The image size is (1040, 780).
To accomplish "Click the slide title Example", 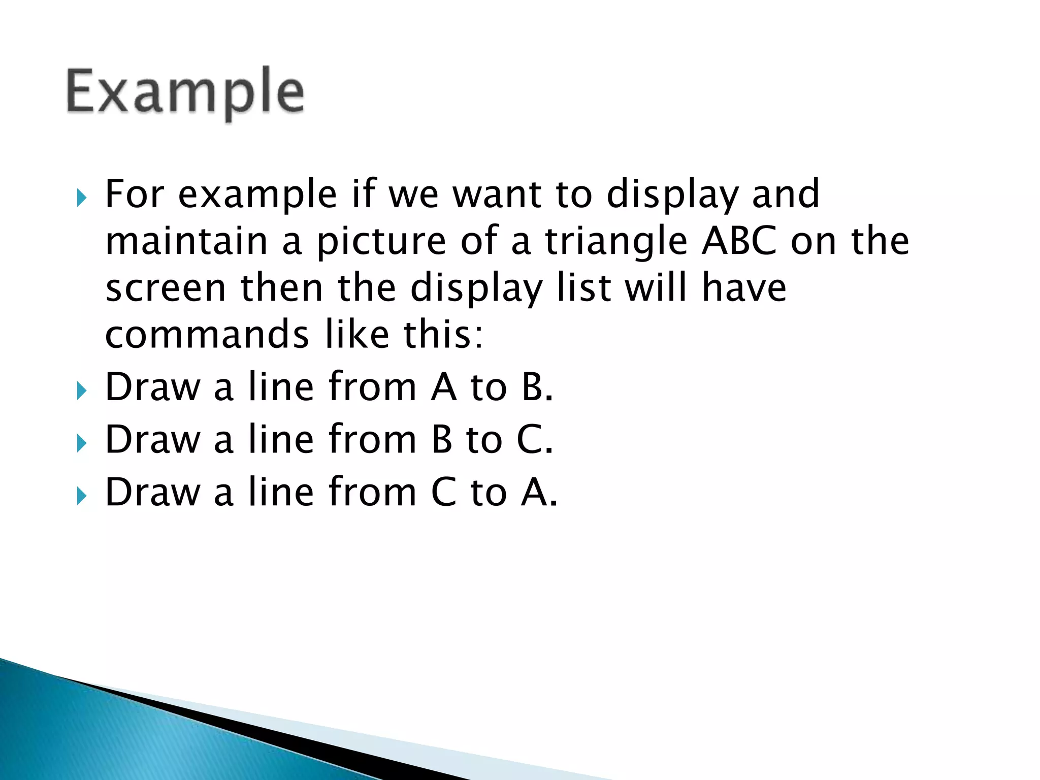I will click(x=185, y=93).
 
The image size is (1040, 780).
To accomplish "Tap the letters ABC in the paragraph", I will click(x=739, y=241).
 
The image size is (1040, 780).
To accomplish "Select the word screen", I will click(x=166, y=288).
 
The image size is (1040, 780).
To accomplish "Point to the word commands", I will click(x=207, y=335).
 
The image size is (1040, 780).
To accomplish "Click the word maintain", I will click(x=186, y=241).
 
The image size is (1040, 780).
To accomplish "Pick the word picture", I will click(x=381, y=242).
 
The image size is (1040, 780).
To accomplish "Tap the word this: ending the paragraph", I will click(x=443, y=335).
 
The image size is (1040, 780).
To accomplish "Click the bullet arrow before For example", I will click(x=81, y=198).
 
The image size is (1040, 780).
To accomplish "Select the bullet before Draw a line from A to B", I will click(x=81, y=391).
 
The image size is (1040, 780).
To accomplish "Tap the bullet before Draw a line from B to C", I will click(x=81, y=443).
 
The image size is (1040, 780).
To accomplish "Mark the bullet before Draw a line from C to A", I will click(x=81, y=496).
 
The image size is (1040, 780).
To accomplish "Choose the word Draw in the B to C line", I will click(x=153, y=439).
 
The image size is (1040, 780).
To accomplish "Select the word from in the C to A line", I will click(x=373, y=492).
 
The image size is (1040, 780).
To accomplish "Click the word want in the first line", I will click(x=497, y=194).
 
